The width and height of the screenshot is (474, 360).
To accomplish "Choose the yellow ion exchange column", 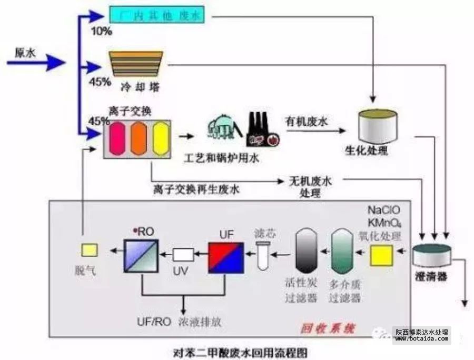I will (x=160, y=138).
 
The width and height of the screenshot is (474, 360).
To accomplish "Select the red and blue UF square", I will (x=225, y=256).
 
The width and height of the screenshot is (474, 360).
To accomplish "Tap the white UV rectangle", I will (x=183, y=255).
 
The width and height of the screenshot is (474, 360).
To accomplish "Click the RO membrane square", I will (x=141, y=255).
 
